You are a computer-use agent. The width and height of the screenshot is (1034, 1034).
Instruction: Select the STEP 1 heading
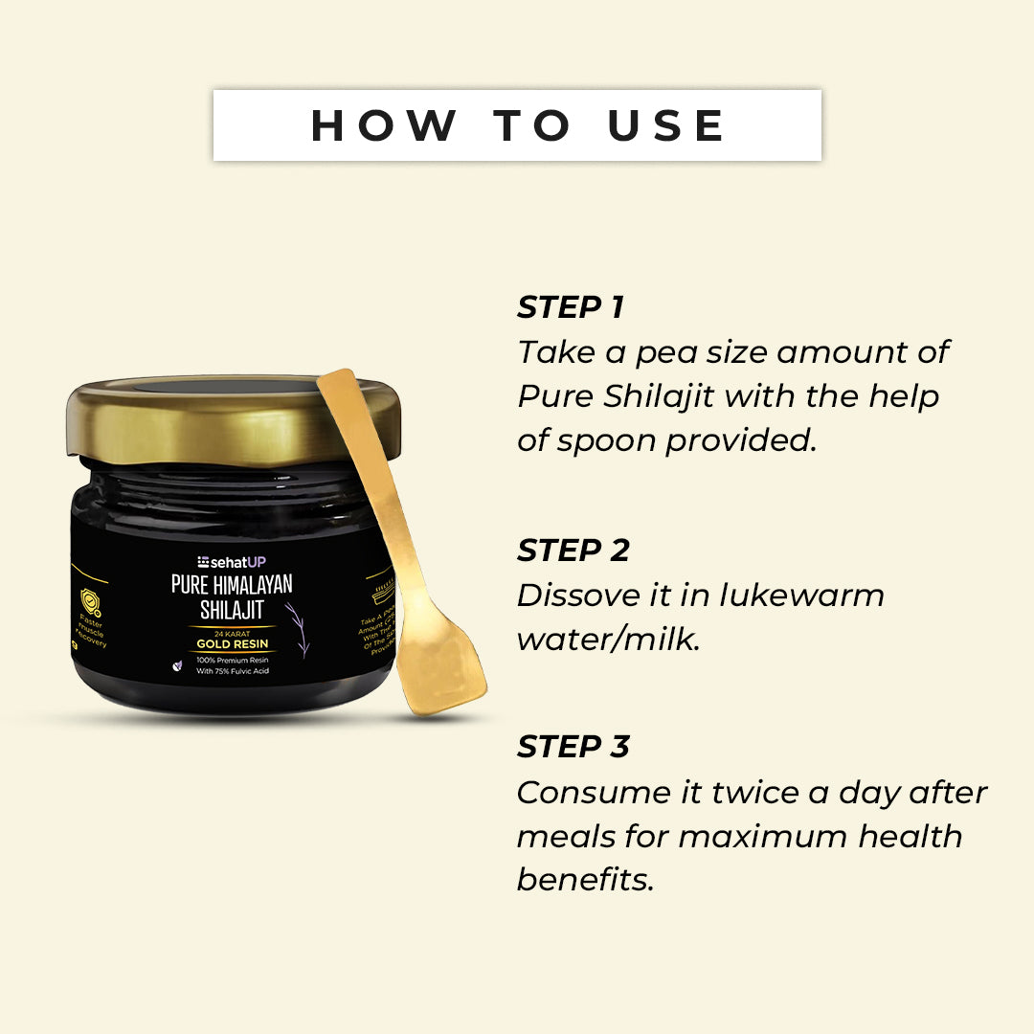tap(571, 307)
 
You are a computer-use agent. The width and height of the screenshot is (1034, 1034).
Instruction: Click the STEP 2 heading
tap(573, 551)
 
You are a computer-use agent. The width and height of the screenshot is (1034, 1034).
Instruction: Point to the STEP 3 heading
tap(573, 747)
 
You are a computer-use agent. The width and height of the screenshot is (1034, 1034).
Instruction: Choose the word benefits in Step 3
tap(585, 880)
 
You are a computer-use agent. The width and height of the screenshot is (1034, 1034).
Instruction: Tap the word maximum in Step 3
tap(763, 836)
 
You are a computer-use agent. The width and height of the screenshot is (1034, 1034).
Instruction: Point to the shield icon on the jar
tap(88, 604)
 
